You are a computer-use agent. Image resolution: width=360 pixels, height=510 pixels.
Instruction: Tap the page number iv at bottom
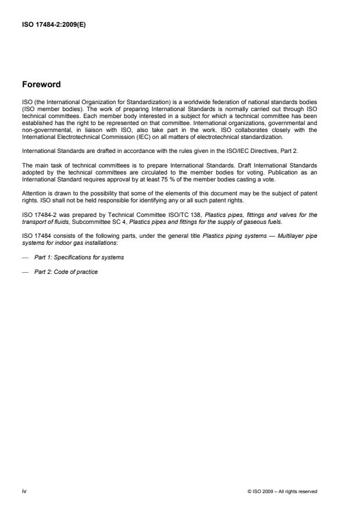[24, 491]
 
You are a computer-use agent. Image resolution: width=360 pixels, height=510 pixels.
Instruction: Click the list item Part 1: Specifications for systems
[79, 257]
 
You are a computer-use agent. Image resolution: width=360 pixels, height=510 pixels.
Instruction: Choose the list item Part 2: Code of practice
[66, 272]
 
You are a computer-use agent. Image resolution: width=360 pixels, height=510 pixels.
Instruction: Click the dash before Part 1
[25, 257]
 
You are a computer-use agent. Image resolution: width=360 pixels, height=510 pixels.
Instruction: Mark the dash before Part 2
[25, 272]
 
